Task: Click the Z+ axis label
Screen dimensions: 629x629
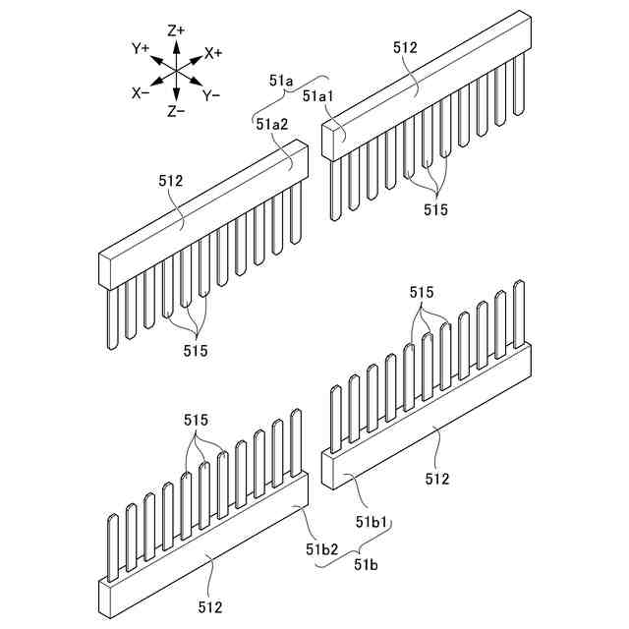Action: (x=177, y=30)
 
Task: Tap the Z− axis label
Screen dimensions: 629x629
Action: (x=177, y=111)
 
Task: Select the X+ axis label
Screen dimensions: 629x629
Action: (x=213, y=51)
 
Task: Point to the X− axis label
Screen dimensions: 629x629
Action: (x=141, y=92)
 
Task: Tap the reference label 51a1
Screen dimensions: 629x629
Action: (x=319, y=96)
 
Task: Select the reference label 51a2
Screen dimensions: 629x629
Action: (x=272, y=124)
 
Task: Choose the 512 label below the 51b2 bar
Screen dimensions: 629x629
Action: (x=210, y=606)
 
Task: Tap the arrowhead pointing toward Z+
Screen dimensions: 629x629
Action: (x=177, y=44)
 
